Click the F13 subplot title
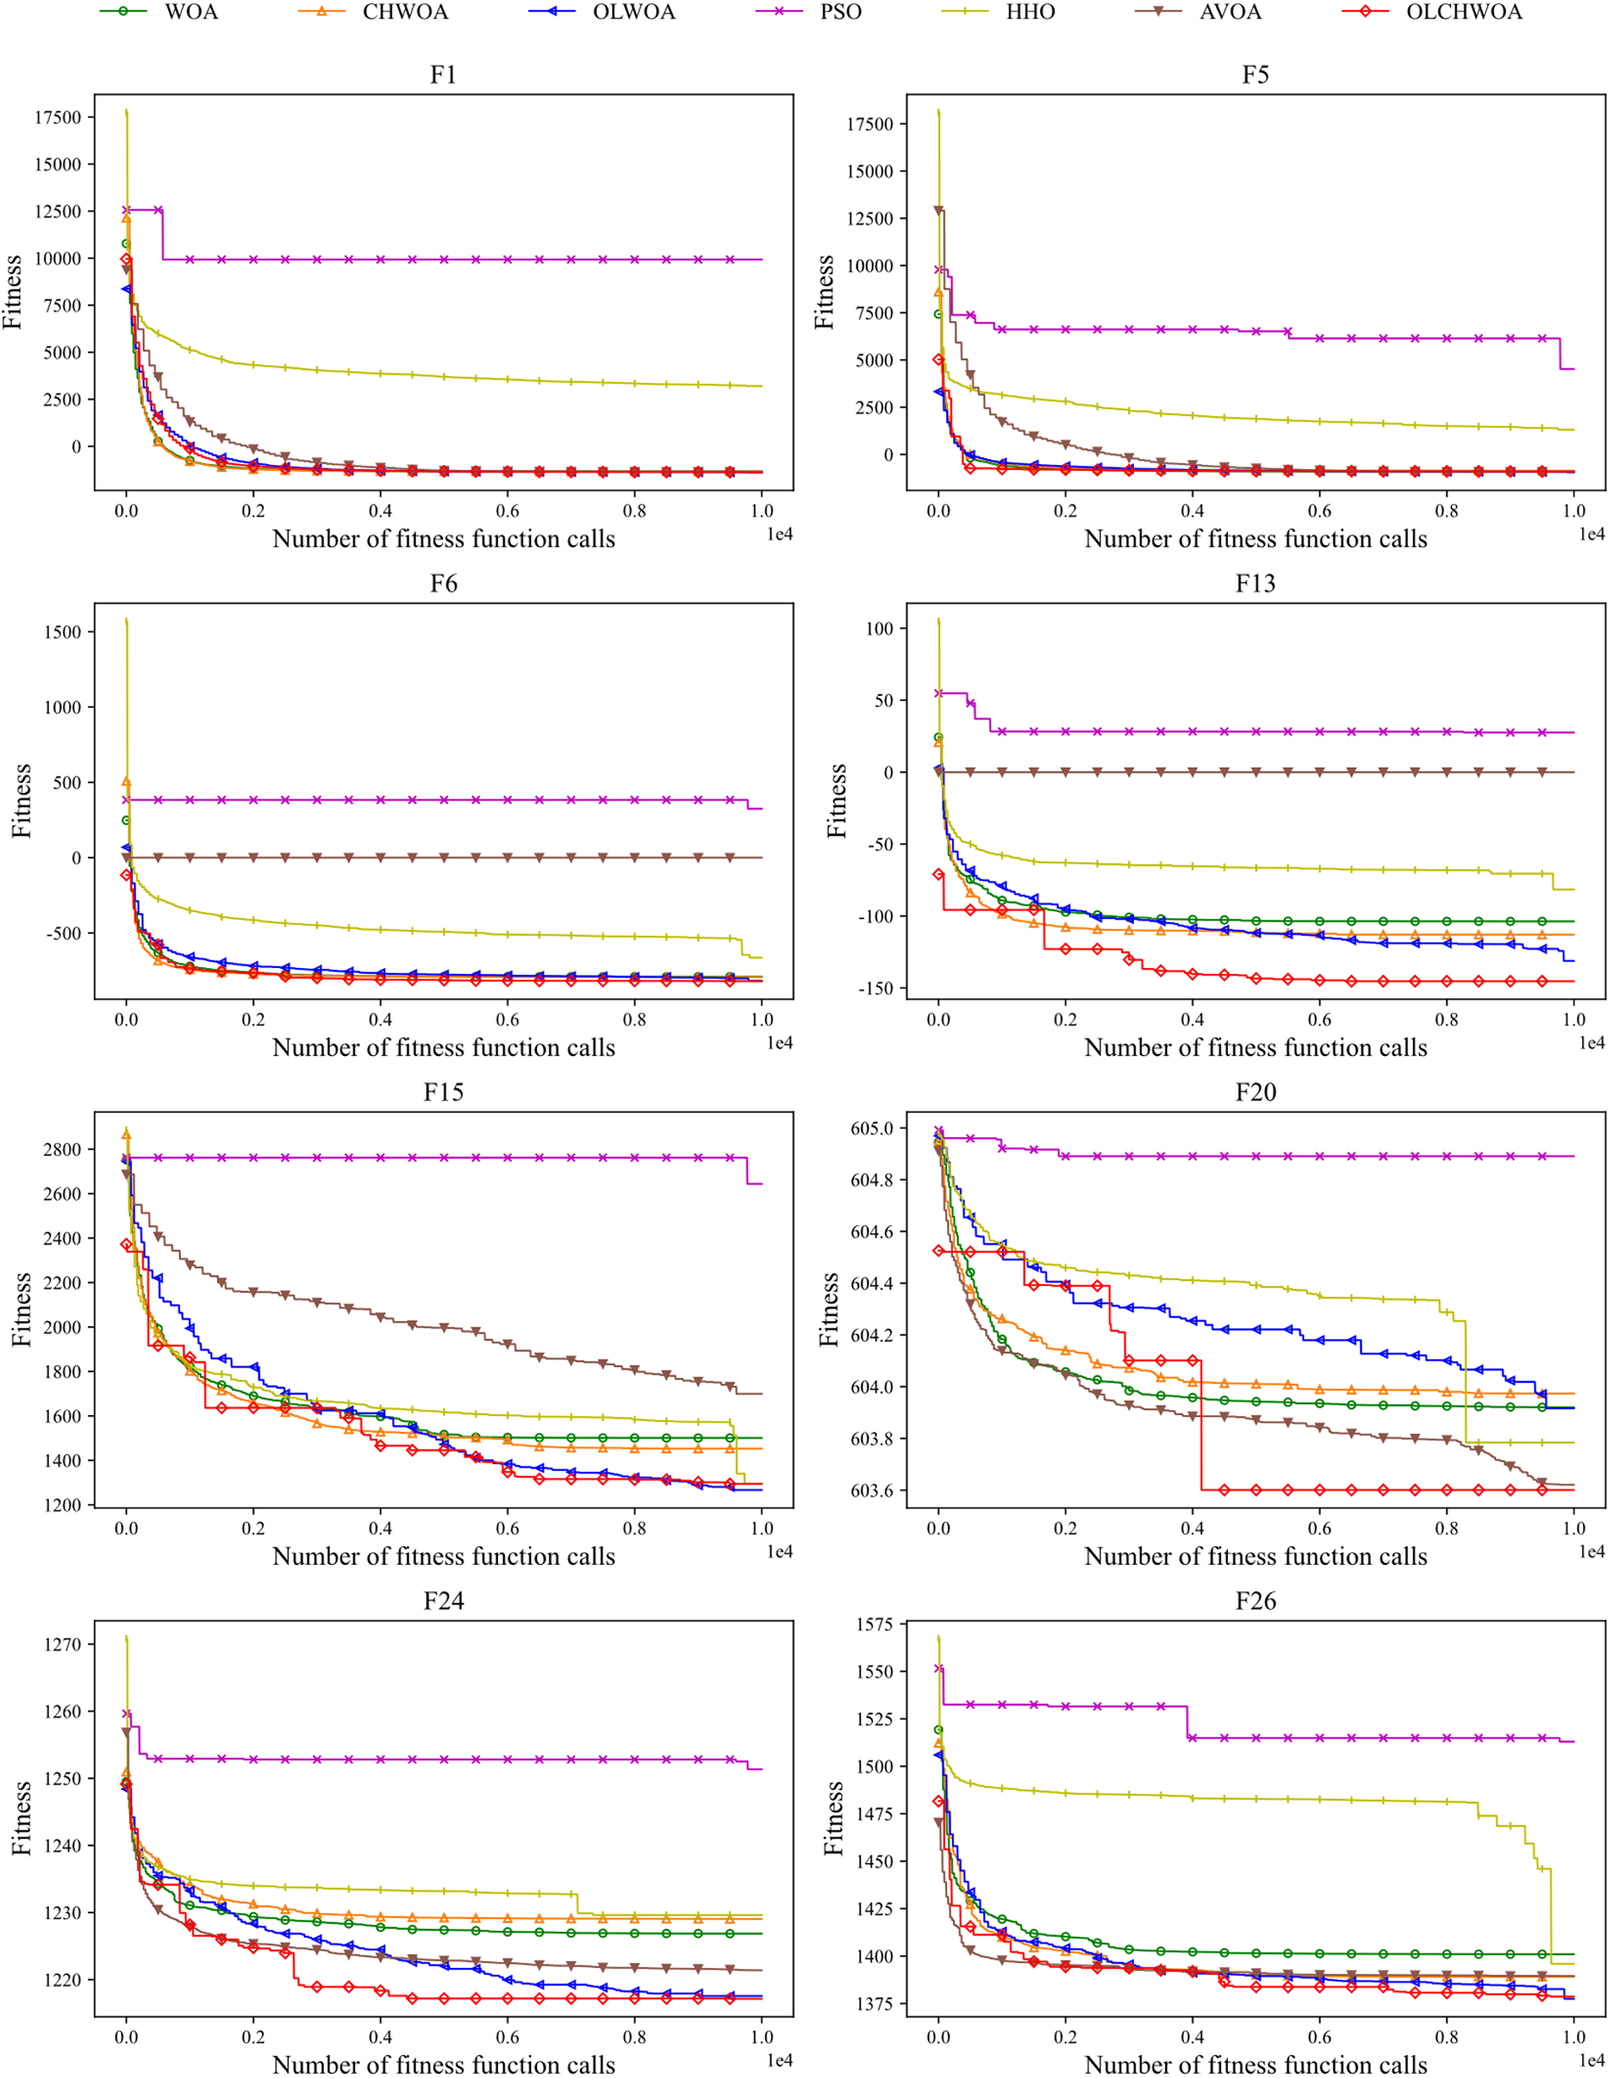1255,583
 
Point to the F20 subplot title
1255,1092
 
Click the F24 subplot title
444,1601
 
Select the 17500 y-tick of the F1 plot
57,118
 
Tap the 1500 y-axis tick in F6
63,632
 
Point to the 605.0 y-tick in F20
871,1129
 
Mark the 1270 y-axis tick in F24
63,1644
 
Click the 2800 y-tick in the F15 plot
63,1149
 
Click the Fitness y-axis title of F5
824,292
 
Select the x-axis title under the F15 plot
444,1556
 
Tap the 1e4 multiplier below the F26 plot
1591,2061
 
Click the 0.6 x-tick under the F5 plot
1319,511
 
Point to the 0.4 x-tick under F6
380,1020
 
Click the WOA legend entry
191,13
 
